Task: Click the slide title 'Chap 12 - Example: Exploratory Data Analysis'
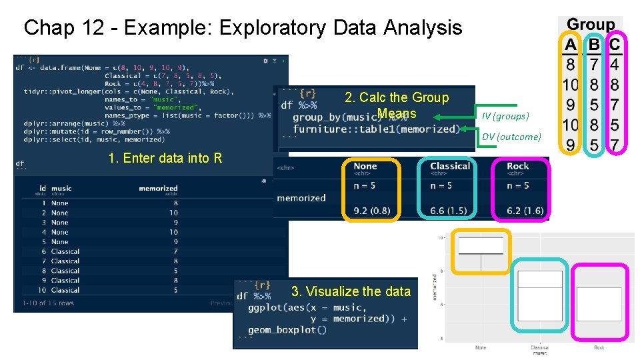point(243,28)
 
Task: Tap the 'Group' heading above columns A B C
point(591,25)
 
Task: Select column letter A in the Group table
point(571,45)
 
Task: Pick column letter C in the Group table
point(614,45)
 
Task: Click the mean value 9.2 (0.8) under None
point(372,211)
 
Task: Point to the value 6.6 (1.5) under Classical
point(448,211)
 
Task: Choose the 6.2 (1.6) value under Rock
point(525,211)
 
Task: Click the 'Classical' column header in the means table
point(450,166)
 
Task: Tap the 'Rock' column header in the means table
point(518,166)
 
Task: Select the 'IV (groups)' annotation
point(505,116)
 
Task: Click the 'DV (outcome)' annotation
point(511,137)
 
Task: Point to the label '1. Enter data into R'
point(165,158)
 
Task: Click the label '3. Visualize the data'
point(351,291)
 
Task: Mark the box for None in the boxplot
point(481,245)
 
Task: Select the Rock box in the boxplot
point(599,304)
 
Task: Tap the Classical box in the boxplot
point(539,296)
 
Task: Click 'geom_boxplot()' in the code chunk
point(287,330)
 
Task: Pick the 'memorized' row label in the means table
point(301,198)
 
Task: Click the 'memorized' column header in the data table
point(158,189)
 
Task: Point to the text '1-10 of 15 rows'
point(48,303)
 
